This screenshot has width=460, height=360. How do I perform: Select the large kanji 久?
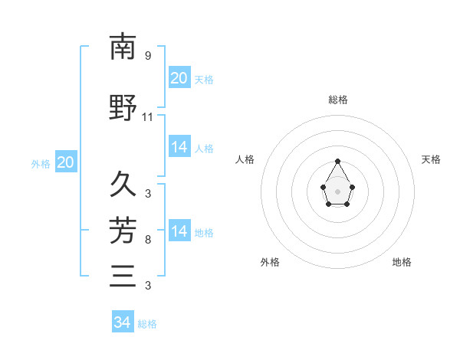[123, 185]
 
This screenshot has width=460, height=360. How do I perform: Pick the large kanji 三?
[123, 275]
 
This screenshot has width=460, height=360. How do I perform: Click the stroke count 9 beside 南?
[148, 56]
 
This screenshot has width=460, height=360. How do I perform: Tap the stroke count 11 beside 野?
[148, 117]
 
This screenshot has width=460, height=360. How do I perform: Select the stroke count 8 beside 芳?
[148, 240]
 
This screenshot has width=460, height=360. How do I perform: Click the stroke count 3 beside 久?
[148, 193]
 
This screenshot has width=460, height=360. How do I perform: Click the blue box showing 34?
[122, 322]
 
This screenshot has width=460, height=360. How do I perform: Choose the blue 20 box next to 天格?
[179, 78]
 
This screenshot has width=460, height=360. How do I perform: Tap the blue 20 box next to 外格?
[65, 162]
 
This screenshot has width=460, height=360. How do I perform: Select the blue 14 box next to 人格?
[179, 148]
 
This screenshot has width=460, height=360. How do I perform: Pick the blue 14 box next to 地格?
[179, 231]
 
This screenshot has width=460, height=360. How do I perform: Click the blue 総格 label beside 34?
[147, 324]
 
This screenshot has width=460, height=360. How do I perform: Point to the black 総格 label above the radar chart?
[337, 100]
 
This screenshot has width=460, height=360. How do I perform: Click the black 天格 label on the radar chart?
[431, 159]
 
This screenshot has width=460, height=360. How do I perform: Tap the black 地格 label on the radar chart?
[402, 262]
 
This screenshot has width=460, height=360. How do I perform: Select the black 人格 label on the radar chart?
[245, 159]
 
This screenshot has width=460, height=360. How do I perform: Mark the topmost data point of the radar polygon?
[337, 161]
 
